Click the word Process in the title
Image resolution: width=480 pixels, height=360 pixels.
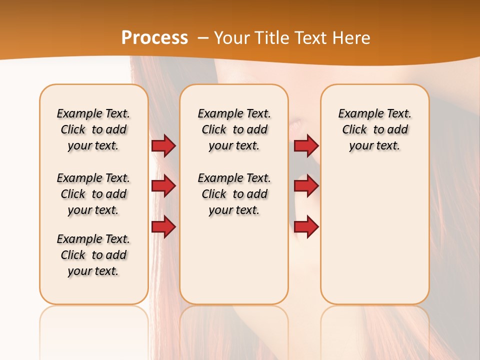click(x=154, y=37)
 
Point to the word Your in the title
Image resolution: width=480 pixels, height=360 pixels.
click(x=232, y=38)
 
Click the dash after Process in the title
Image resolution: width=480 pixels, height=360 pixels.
click(x=202, y=38)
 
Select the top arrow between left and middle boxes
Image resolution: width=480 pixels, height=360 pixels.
click(x=163, y=146)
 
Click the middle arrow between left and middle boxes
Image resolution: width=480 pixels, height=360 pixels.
click(x=163, y=186)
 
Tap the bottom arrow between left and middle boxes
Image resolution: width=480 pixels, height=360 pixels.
click(x=163, y=227)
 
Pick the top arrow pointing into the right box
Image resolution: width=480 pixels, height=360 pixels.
click(x=306, y=146)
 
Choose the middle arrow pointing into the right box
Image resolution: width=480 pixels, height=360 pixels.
click(x=306, y=186)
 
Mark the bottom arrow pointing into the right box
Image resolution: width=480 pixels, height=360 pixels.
click(x=306, y=227)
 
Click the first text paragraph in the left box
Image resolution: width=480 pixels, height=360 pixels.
click(x=93, y=129)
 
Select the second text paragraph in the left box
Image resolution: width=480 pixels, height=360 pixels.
click(x=93, y=194)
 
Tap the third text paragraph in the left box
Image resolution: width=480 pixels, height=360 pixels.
click(x=93, y=255)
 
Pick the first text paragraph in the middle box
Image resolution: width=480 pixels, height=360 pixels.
click(x=234, y=129)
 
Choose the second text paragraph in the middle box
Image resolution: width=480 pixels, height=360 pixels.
click(x=234, y=194)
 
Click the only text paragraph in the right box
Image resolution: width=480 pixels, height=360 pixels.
click(x=375, y=129)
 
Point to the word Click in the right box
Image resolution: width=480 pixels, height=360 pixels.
click(x=354, y=130)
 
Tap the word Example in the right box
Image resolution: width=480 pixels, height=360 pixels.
click(x=358, y=114)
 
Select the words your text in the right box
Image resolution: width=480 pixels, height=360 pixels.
click(x=374, y=146)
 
